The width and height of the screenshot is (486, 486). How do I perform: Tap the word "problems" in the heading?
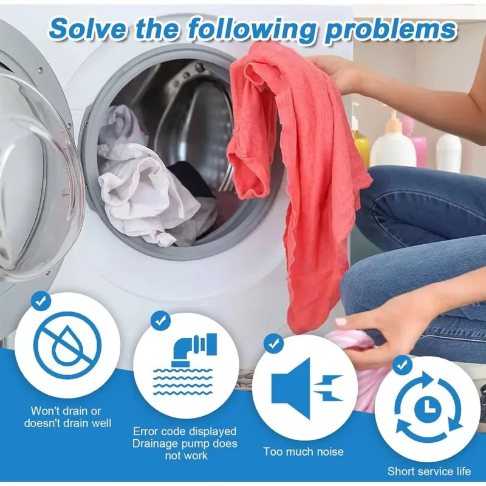pyautogui.click(x=391, y=30)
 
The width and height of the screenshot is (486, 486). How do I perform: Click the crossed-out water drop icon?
pyautogui.click(x=67, y=345)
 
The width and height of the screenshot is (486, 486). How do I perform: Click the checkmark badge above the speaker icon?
pyautogui.click(x=273, y=343)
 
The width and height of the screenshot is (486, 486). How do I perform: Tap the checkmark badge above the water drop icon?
pyautogui.click(x=41, y=301)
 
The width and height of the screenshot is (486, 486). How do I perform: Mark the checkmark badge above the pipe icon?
pyautogui.click(x=160, y=321)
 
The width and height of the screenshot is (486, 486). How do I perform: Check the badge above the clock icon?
pyautogui.click(x=402, y=366)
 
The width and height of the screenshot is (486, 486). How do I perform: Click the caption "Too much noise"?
pyautogui.click(x=303, y=451)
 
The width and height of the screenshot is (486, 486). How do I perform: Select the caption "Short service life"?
pyautogui.click(x=429, y=471)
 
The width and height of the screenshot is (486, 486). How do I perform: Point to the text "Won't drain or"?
pyautogui.click(x=66, y=411)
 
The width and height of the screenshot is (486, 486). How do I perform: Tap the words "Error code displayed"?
pyautogui.click(x=185, y=431)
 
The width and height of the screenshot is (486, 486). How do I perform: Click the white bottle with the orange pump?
pyautogui.click(x=393, y=143)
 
